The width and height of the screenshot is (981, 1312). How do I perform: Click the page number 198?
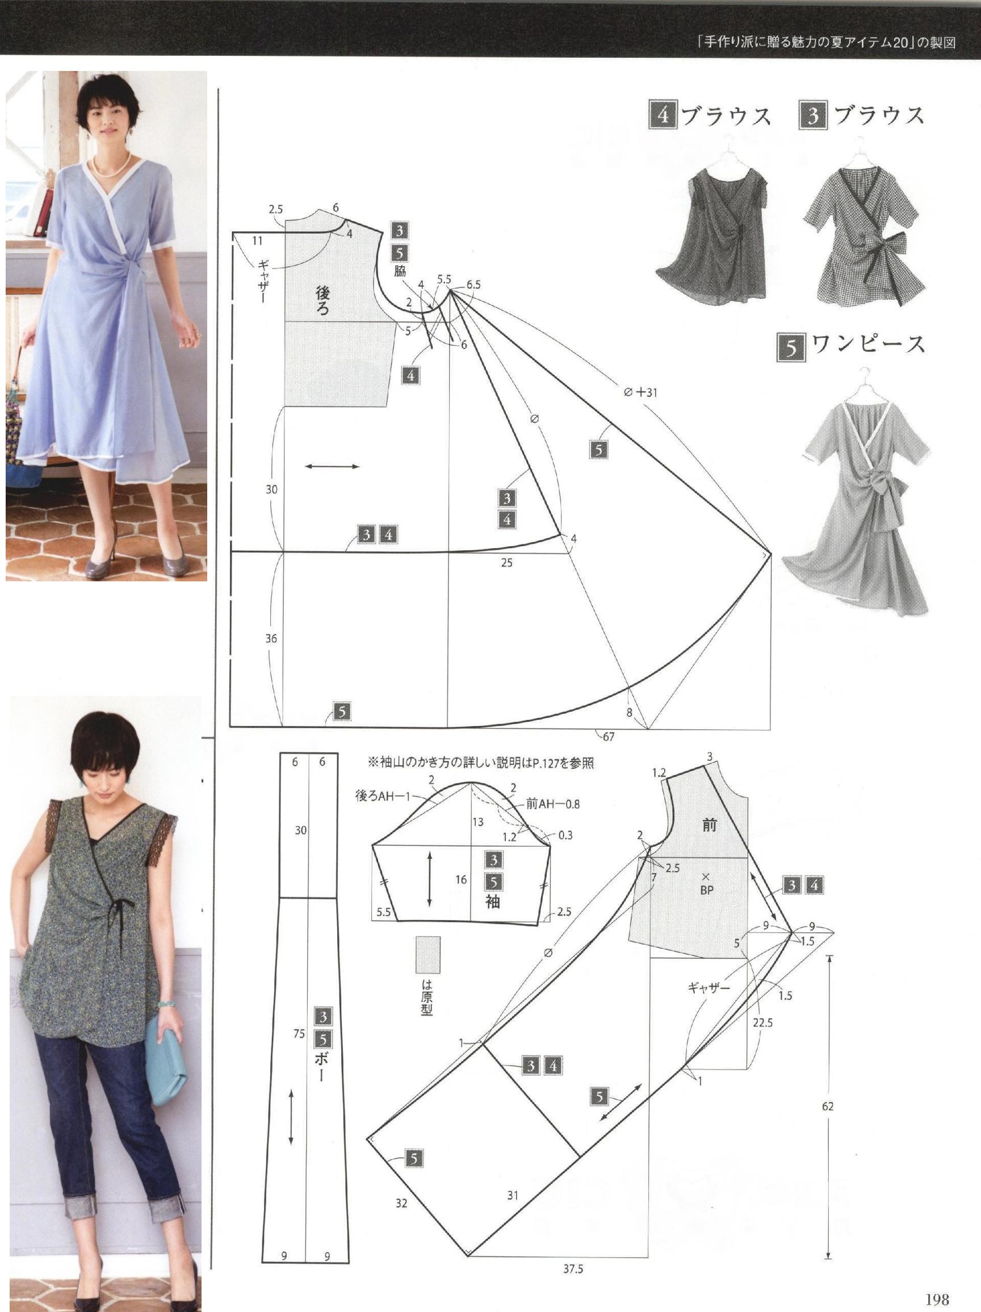[x=937, y=1299]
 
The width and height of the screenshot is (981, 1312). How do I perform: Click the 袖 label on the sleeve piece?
[x=492, y=901]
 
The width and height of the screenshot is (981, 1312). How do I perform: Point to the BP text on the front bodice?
[x=706, y=890]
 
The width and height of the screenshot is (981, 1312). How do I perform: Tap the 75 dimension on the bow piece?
[x=299, y=1034]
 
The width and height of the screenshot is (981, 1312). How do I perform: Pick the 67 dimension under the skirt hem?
[x=609, y=737]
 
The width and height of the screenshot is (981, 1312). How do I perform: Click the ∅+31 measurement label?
[x=640, y=392]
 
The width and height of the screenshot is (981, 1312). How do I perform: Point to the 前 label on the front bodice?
[x=710, y=824]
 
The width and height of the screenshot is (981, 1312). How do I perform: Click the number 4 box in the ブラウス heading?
[x=663, y=115]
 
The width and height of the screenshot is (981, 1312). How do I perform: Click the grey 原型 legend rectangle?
[x=427, y=954]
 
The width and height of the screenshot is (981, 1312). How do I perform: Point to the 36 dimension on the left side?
[x=271, y=639]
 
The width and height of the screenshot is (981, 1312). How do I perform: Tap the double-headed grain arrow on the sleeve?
[x=429, y=878]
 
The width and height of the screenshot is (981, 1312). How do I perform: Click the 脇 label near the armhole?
[x=400, y=273]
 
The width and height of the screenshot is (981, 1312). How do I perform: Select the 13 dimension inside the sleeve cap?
[x=478, y=821]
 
